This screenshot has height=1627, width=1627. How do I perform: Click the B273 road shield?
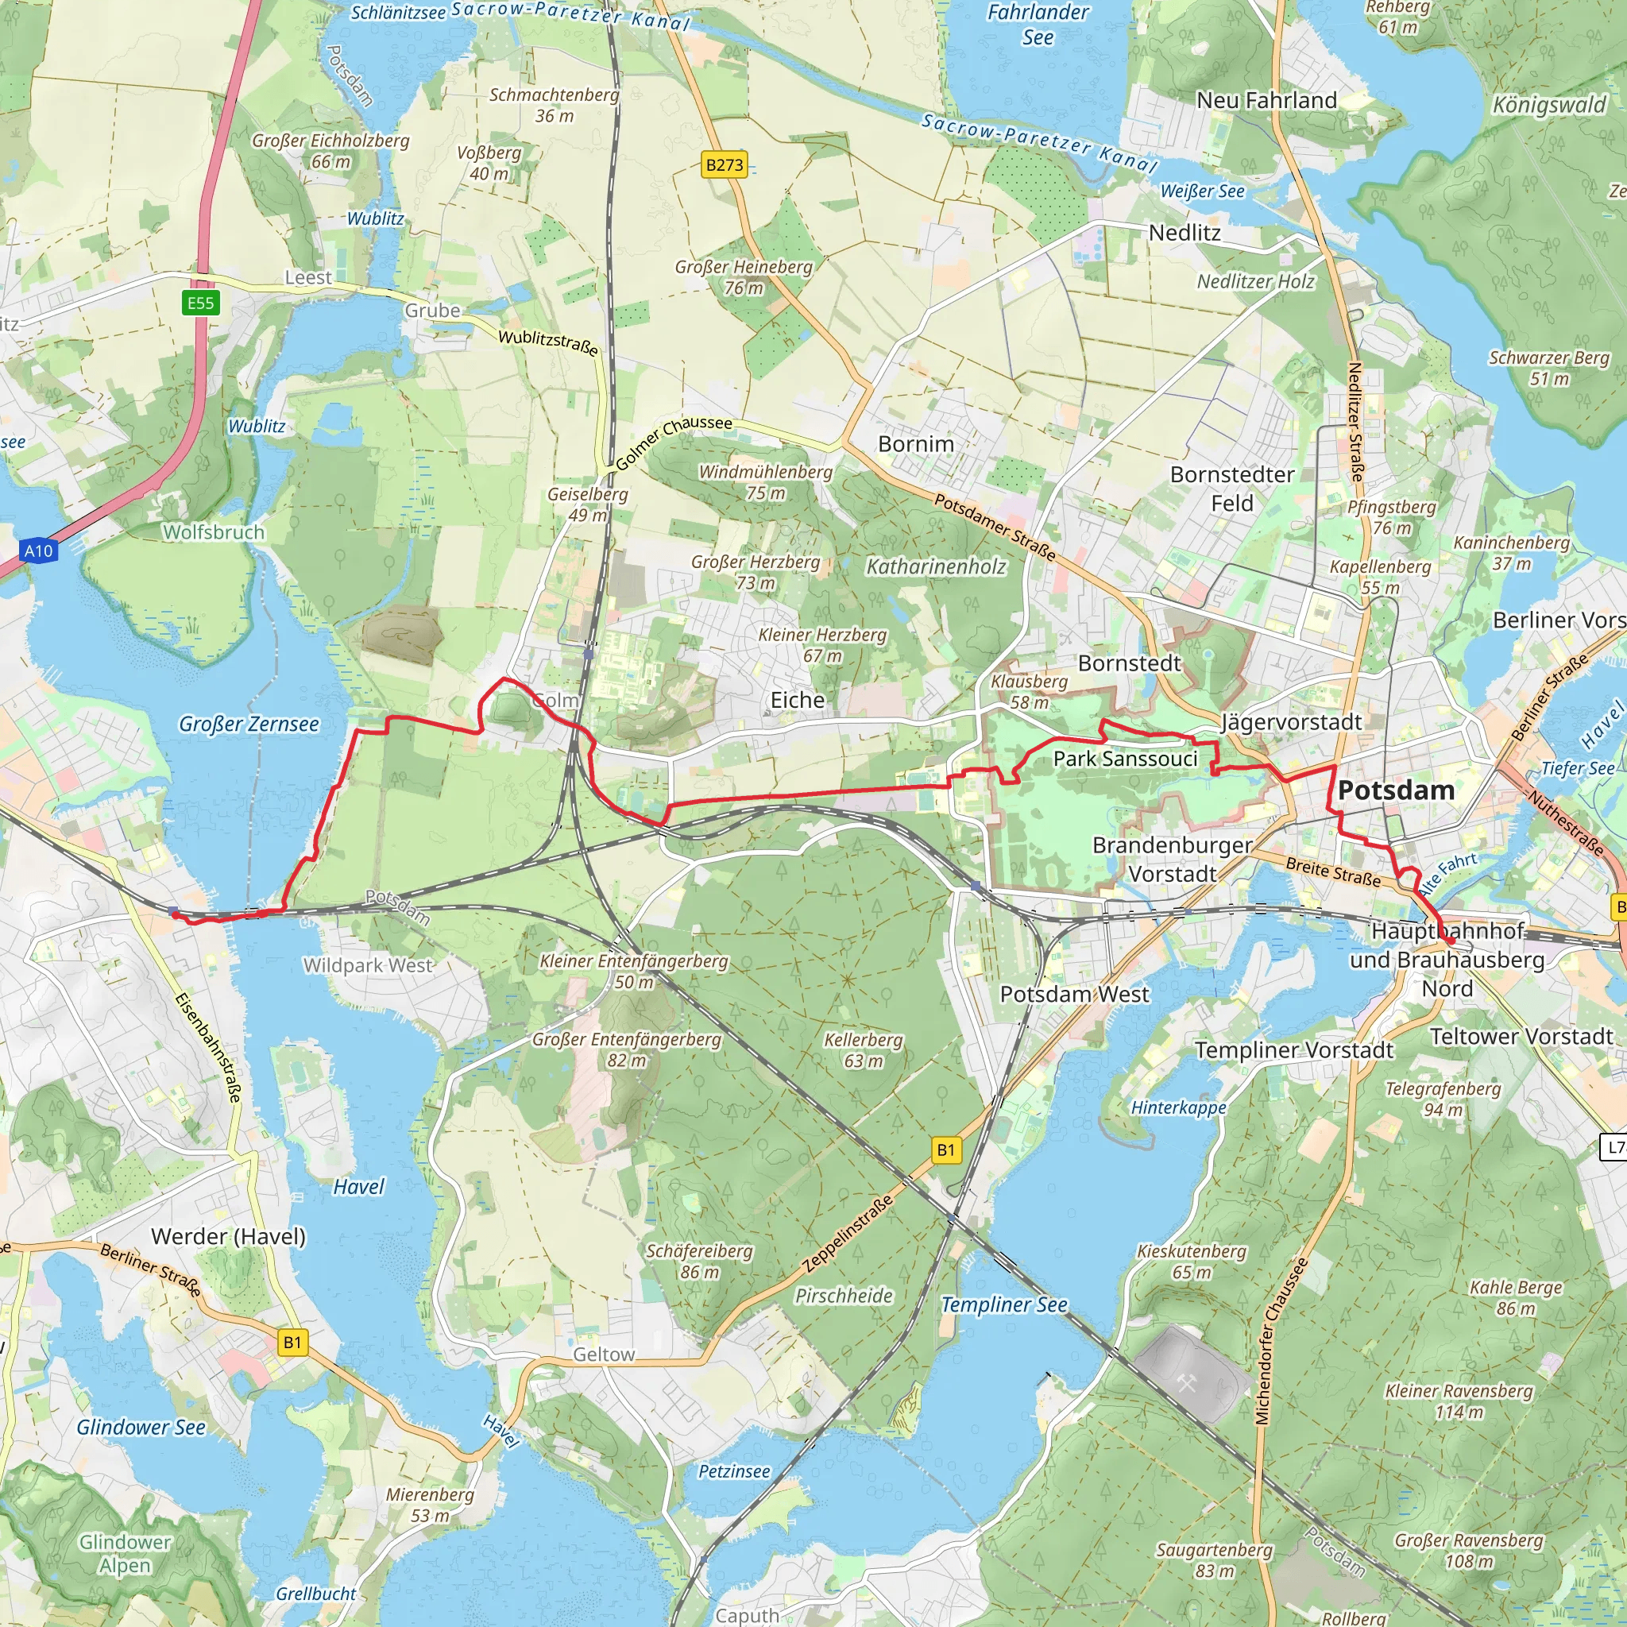tap(725, 165)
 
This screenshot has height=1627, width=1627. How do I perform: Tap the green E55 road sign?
tap(200, 303)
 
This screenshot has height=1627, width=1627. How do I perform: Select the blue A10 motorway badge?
tap(38, 551)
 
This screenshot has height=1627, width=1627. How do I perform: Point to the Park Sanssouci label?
tap(1125, 759)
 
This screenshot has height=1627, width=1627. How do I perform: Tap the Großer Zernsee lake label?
tap(249, 725)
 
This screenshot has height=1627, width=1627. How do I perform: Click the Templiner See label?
tap(1004, 1305)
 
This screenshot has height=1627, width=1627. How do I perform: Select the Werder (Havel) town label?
tap(228, 1236)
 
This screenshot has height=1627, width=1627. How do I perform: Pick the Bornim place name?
tap(915, 444)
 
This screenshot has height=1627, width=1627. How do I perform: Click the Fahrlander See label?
tap(1038, 25)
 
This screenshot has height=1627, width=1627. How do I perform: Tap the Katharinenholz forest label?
tap(936, 567)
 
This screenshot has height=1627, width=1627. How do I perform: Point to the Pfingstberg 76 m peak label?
tap(1391, 517)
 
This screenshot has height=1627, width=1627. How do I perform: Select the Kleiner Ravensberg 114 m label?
tap(1459, 1401)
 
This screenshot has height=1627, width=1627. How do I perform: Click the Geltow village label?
tap(603, 1355)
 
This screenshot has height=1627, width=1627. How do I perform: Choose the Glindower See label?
tap(141, 1428)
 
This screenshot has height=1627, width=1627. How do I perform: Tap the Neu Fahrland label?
tap(1266, 100)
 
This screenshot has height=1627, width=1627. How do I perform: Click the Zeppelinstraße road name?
tap(847, 1235)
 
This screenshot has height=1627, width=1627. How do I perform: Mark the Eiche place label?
tap(797, 700)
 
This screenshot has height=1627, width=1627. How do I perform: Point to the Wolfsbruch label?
tap(213, 532)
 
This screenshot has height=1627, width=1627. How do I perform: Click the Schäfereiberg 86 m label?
tap(699, 1262)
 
